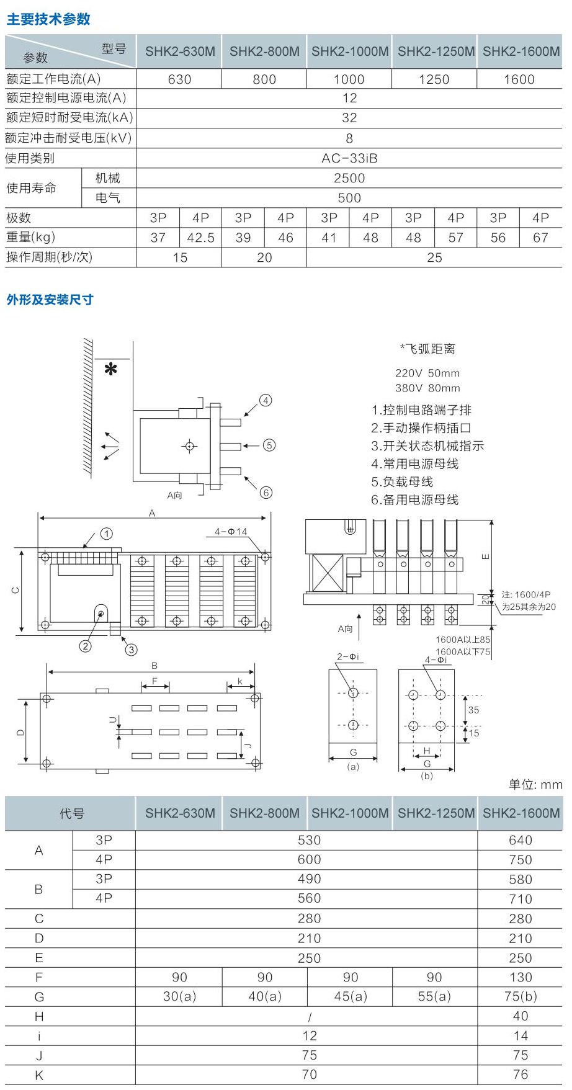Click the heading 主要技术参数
[x=48, y=19]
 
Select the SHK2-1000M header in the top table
[x=350, y=51]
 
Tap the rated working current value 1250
[x=434, y=79]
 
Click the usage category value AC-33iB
[x=349, y=158]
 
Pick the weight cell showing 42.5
[x=200, y=238]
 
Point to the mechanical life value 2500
[x=349, y=178]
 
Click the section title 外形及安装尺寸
[x=50, y=300]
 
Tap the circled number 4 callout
[x=266, y=400]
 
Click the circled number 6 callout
[x=266, y=493]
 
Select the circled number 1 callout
[x=107, y=534]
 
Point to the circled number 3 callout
[x=131, y=650]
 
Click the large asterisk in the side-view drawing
[x=111, y=370]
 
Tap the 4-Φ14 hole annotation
[x=231, y=532]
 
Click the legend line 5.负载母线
[x=402, y=482]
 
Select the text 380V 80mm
[x=427, y=388]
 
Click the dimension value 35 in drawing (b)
[x=473, y=710]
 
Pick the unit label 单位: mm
[x=535, y=785]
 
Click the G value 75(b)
[x=521, y=996]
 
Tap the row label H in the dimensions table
[x=39, y=1016]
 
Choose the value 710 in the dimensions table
[x=521, y=899]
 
